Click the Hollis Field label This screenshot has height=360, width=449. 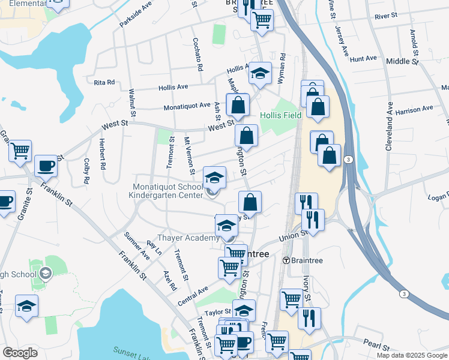point(280,115)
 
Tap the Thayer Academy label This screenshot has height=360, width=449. point(184,238)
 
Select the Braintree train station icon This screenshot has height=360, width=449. point(287,260)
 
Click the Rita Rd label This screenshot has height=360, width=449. point(104,83)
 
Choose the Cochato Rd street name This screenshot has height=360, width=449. point(197,52)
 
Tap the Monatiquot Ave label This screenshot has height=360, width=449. point(188,107)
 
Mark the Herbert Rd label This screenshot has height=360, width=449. point(103,153)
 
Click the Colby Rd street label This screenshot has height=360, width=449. point(87,170)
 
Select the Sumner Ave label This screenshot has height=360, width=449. point(136,245)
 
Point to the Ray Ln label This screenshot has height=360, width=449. point(154,249)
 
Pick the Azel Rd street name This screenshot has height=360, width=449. point(170,280)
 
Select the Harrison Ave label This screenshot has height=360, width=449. point(414,110)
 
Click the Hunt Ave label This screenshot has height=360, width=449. point(363,59)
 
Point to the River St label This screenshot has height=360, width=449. point(385,15)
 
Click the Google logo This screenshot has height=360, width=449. point(20,353)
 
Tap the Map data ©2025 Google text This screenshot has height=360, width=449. point(411,355)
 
